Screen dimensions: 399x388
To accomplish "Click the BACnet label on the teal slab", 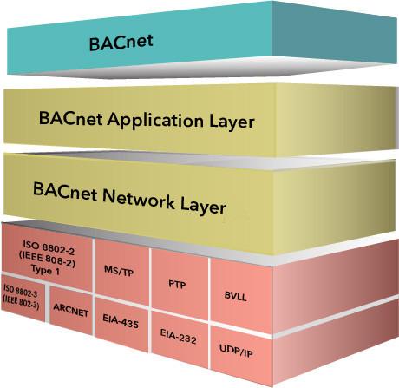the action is [121, 43].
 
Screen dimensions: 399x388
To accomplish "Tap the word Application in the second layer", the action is [155, 121].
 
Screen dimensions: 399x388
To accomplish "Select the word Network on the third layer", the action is [139, 199].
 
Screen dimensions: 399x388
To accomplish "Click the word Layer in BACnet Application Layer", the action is [232, 122].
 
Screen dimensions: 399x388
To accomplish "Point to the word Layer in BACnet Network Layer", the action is [203, 207].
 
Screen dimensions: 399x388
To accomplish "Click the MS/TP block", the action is [122, 272].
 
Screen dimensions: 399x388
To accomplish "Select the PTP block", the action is [180, 285].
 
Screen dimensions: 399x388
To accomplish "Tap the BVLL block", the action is [241, 296].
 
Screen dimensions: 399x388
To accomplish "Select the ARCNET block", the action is [71, 310].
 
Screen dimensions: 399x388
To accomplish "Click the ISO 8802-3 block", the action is [23, 298].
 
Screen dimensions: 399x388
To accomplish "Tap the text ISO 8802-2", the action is [49, 248].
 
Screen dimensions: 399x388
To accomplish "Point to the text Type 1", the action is [45, 270].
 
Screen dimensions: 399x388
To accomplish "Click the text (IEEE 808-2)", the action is [47, 259].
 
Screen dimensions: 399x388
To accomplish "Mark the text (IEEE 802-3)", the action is [21, 303].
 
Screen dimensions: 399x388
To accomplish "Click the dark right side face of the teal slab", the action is [334, 33].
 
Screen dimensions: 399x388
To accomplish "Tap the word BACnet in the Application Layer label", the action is [70, 118].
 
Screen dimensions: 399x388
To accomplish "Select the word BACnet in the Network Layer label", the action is [65, 192].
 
